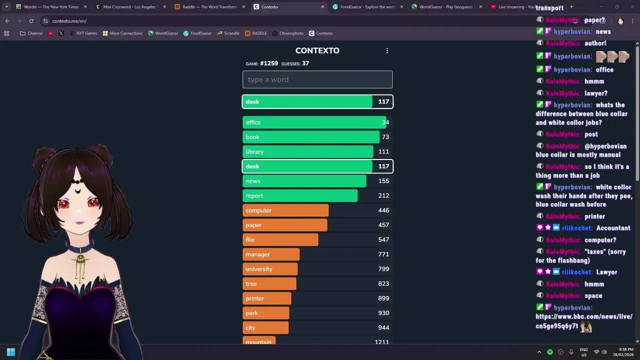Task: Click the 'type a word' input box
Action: coord(317,79)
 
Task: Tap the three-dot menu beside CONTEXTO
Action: coord(387,50)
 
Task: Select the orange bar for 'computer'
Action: coord(285,210)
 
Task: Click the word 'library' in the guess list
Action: coord(254,151)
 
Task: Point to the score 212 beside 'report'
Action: coord(383,195)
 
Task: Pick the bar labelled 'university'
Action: coord(270,269)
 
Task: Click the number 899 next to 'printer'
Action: coord(383,298)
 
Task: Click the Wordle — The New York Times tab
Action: coord(50,7)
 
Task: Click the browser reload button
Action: coord(31,21)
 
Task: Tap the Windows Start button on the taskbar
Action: coord(10,352)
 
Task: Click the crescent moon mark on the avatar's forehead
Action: coord(78,190)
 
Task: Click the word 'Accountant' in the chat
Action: coord(613,228)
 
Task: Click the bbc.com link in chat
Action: coord(583,321)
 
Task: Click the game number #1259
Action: coord(269,63)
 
